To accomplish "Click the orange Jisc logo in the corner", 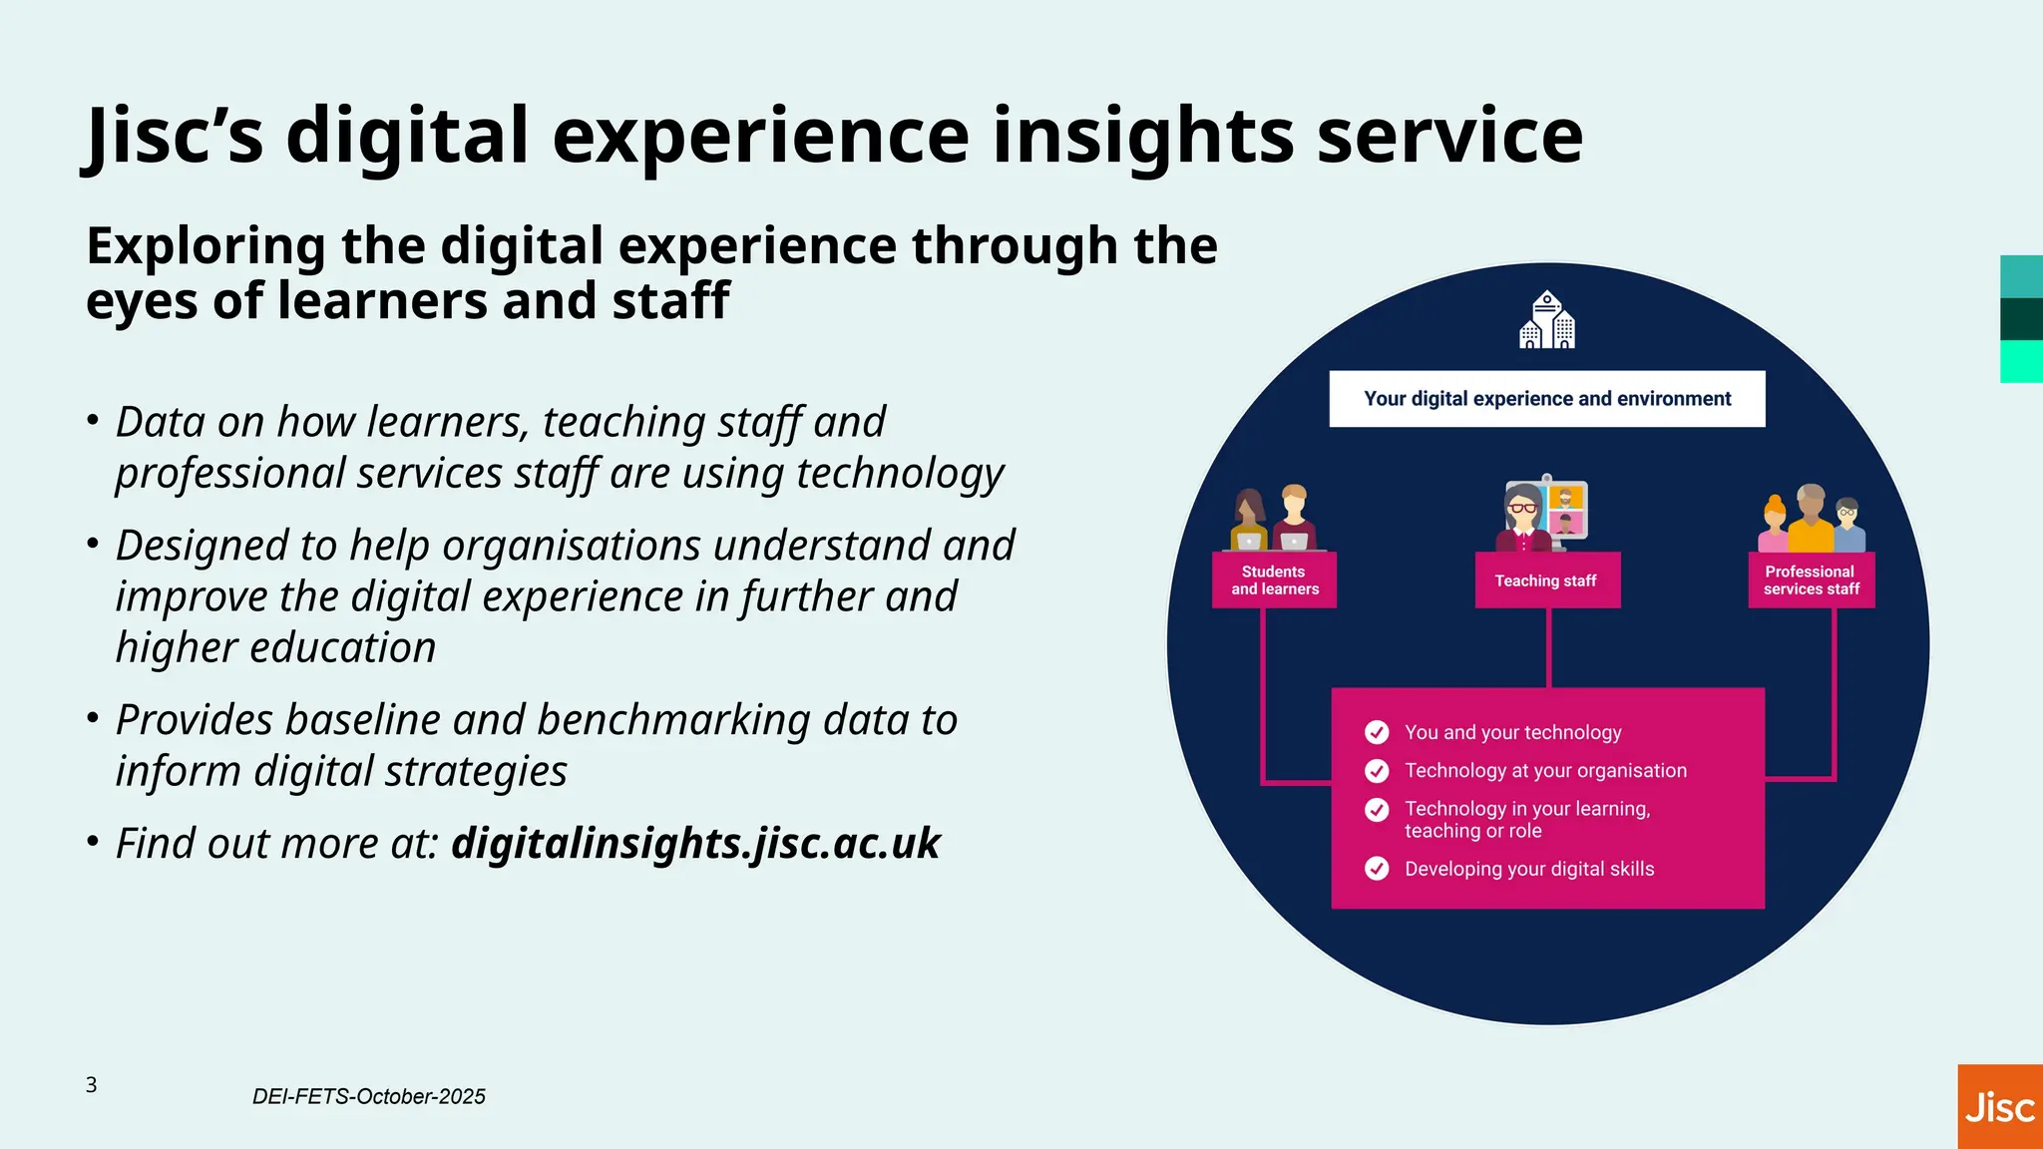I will (x=1999, y=1107).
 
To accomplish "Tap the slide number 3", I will (x=91, y=1085).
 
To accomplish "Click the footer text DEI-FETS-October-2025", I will (x=368, y=1096).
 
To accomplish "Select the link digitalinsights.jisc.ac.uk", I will (x=695, y=843).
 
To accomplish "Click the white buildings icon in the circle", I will (x=1546, y=320).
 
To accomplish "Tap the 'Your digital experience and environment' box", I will (x=1546, y=399).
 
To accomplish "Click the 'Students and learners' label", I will (x=1274, y=580).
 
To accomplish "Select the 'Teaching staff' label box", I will (x=1547, y=580).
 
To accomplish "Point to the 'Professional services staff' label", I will (x=1811, y=580).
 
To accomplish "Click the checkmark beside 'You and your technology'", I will (x=1377, y=733).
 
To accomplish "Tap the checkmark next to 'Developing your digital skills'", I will (x=1377, y=869).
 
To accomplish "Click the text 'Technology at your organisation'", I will (x=1545, y=771).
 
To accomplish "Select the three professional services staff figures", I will (x=1811, y=519).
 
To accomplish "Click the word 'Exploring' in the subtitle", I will (x=205, y=245).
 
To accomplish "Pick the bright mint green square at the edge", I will (x=2021, y=361).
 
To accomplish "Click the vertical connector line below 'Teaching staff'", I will (x=1548, y=647).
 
